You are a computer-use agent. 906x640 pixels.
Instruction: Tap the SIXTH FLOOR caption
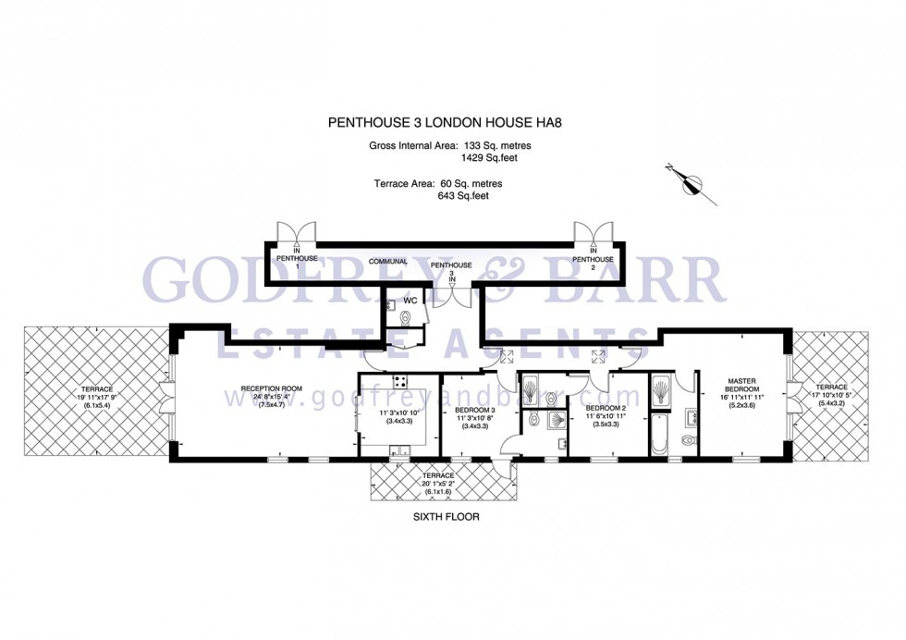click(x=446, y=517)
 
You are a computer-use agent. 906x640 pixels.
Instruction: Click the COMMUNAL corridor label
click(x=388, y=261)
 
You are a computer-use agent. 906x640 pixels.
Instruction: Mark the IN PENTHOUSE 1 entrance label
click(x=297, y=255)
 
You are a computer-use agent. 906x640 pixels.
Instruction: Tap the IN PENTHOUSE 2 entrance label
click(x=593, y=255)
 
